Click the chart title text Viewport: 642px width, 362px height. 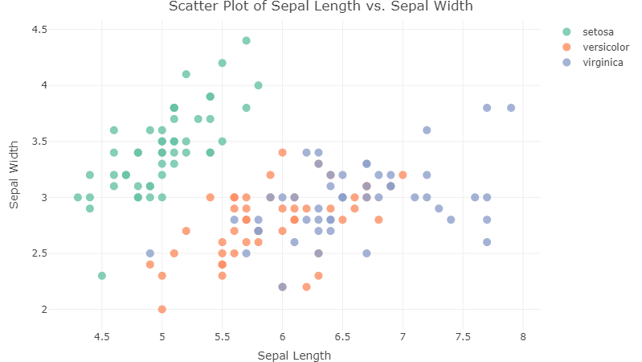pyautogui.click(x=321, y=7)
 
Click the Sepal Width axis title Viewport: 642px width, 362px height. pyautogui.click(x=14, y=169)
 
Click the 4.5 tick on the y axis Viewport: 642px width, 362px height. pyautogui.click(x=39, y=30)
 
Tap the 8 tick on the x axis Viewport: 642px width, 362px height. pyautogui.click(x=523, y=335)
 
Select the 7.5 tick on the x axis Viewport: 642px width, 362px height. pyautogui.click(x=463, y=335)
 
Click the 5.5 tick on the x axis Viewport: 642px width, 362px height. pyautogui.click(x=223, y=335)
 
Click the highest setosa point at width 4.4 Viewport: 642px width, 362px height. pyautogui.click(x=247, y=40)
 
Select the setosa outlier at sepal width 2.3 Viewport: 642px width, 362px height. pyautogui.click(x=102, y=275)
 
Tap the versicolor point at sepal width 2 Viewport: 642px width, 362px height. pyautogui.click(x=162, y=309)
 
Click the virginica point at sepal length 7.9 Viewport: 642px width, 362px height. pyautogui.click(x=511, y=108)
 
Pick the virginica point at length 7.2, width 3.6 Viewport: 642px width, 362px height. pyautogui.click(x=427, y=130)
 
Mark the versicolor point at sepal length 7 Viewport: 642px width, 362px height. pyautogui.click(x=403, y=175)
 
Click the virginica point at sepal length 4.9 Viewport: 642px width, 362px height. pyautogui.click(x=150, y=253)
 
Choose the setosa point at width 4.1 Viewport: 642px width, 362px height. pyautogui.click(x=186, y=74)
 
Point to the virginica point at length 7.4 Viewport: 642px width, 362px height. pyautogui.click(x=451, y=220)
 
